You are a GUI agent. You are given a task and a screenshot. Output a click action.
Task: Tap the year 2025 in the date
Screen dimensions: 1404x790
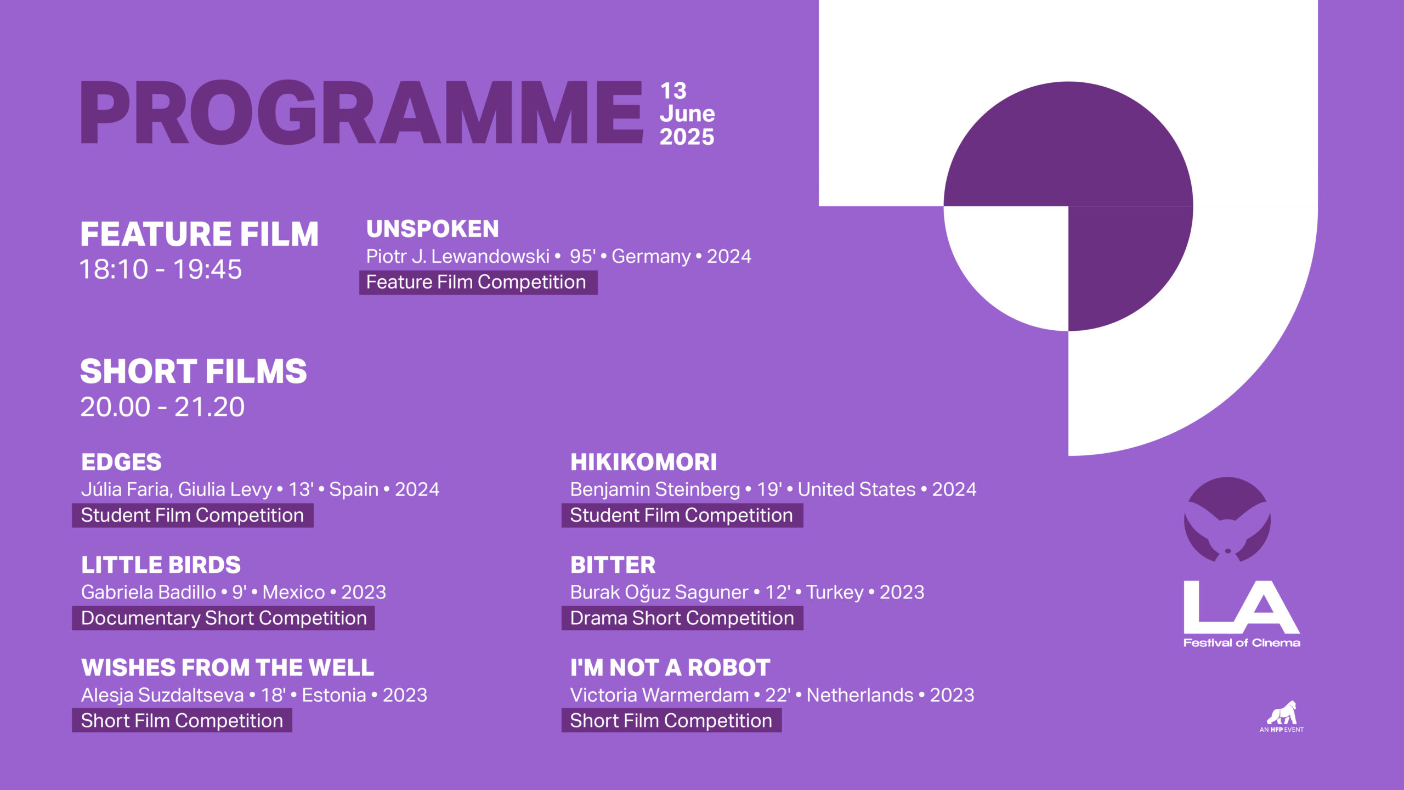tap(687, 137)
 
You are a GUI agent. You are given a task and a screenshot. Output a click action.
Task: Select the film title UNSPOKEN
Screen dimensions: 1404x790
tap(433, 229)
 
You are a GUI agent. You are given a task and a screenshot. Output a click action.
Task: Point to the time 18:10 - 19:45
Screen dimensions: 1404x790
tap(161, 269)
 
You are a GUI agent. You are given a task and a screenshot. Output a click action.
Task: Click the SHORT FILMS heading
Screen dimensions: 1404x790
tap(194, 371)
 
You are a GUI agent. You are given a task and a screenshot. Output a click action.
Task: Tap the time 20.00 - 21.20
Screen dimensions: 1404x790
tap(162, 407)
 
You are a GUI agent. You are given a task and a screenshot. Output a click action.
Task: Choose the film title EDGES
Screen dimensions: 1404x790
tap(121, 462)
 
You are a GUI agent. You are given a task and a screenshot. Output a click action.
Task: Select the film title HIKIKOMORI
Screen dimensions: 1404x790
tap(643, 462)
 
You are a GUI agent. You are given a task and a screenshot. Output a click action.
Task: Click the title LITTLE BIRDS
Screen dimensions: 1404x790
tap(161, 565)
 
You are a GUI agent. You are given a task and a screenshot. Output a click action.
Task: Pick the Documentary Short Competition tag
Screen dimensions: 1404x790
tap(223, 618)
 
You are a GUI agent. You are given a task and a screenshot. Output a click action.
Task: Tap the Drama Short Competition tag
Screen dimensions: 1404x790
tap(682, 618)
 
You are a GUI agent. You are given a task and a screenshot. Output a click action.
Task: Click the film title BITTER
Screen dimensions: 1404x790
tap(613, 565)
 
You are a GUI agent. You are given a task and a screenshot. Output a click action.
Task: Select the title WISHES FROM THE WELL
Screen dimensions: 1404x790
tap(228, 668)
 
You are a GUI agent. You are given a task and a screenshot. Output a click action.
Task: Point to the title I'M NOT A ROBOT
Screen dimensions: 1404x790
tap(670, 668)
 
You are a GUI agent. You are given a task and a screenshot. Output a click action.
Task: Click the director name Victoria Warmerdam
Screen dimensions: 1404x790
tap(659, 695)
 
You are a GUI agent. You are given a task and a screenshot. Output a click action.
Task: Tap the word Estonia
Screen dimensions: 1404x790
tap(334, 695)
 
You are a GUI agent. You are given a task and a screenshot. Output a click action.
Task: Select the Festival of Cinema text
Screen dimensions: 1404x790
tap(1242, 643)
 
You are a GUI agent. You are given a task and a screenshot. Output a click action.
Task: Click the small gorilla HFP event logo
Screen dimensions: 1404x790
tap(1282, 716)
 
